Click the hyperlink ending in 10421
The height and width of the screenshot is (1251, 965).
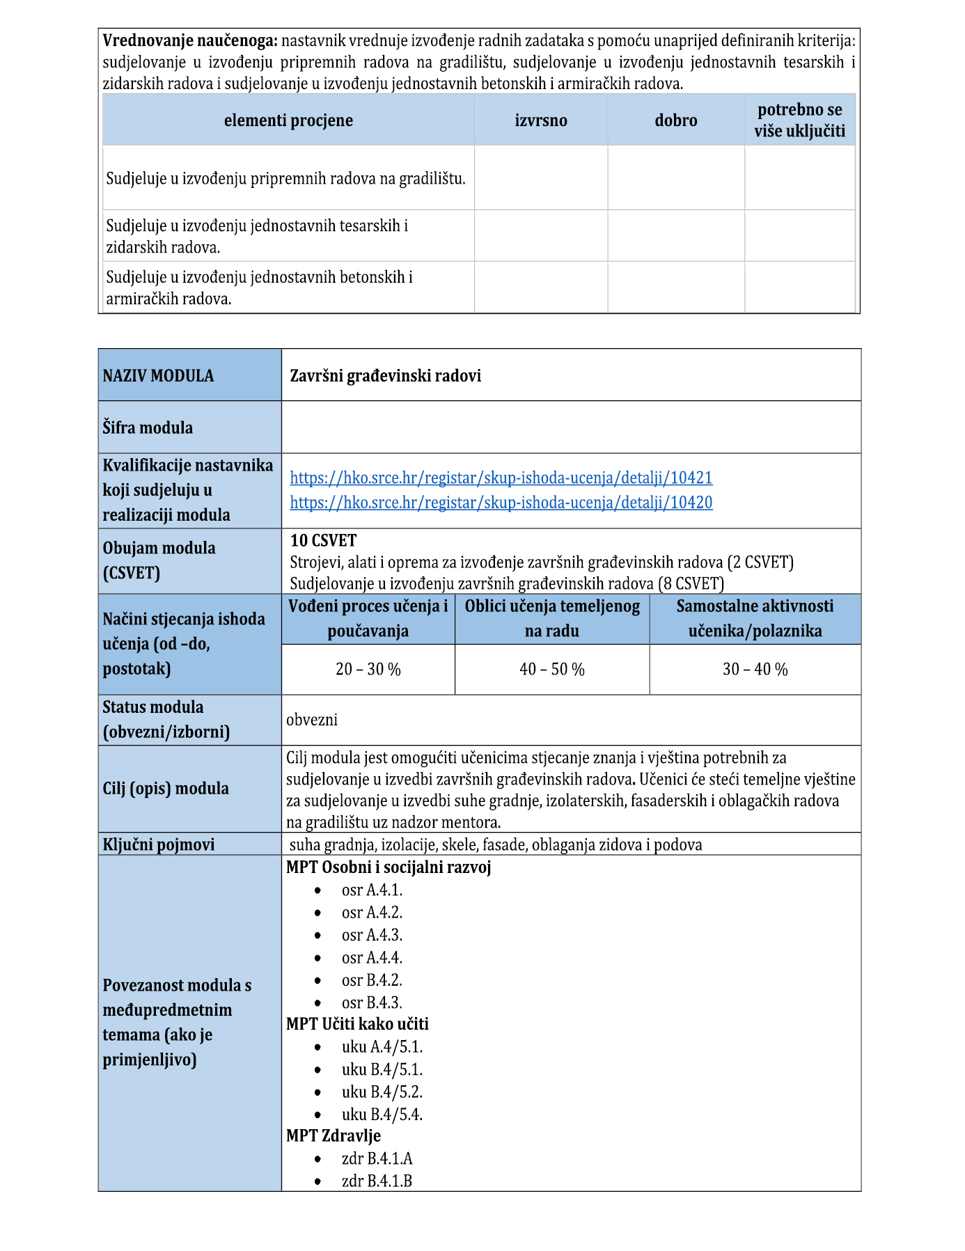[x=501, y=478]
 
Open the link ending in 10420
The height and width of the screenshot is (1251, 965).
[x=501, y=502]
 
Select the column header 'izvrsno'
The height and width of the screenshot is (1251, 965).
[x=541, y=120]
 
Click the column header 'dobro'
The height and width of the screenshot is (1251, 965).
[x=675, y=120]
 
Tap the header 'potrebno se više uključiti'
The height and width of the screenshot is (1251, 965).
[x=799, y=120]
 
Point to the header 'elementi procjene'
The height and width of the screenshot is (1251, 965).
[x=288, y=120]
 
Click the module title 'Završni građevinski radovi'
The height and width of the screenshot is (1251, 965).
[x=385, y=376]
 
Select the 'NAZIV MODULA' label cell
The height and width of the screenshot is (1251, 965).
[x=158, y=376]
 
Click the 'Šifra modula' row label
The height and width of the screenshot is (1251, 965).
[x=148, y=427]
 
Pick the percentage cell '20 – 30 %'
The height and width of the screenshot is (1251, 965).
[x=368, y=669]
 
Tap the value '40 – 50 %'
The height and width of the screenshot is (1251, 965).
[x=551, y=669]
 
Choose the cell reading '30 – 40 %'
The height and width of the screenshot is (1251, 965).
[x=755, y=669]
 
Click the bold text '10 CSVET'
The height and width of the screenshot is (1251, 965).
[x=323, y=541]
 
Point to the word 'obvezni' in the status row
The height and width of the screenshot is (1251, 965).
[x=312, y=720]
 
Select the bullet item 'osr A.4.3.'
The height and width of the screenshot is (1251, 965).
[x=372, y=935]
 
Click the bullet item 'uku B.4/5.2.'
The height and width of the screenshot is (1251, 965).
[x=382, y=1092]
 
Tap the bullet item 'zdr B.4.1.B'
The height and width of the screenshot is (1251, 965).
[x=377, y=1181]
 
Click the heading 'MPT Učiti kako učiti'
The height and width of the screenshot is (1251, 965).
[x=357, y=1024]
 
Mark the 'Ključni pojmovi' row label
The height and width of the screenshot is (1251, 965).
[x=159, y=844]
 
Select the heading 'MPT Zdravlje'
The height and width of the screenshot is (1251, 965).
[x=334, y=1135]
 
